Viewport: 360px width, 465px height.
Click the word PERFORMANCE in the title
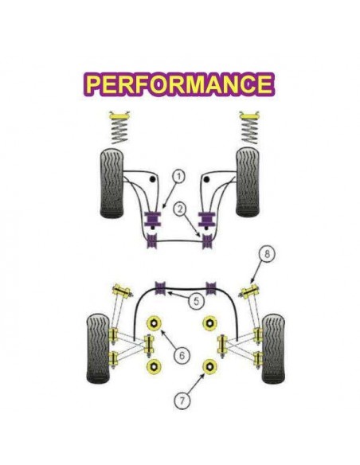[179, 84]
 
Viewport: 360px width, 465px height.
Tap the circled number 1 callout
[179, 177]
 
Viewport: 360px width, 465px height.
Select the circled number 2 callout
[180, 209]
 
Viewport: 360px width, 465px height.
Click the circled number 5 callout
[197, 301]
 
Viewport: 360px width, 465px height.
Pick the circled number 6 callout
[182, 355]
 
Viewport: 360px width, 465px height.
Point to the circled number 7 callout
[182, 401]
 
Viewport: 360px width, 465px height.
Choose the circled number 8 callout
[267, 255]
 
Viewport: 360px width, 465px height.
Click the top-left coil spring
[119, 128]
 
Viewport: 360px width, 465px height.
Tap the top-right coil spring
[249, 128]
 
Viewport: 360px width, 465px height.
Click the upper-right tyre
[248, 182]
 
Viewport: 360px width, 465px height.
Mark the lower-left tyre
[98, 348]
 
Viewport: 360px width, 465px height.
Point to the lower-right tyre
[273, 349]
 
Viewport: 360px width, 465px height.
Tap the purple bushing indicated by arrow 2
[208, 241]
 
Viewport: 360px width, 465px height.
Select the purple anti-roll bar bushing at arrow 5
[160, 287]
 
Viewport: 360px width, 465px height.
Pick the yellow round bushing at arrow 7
[209, 367]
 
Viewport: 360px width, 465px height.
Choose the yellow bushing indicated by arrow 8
[249, 291]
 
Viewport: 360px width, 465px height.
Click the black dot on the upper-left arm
[152, 179]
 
